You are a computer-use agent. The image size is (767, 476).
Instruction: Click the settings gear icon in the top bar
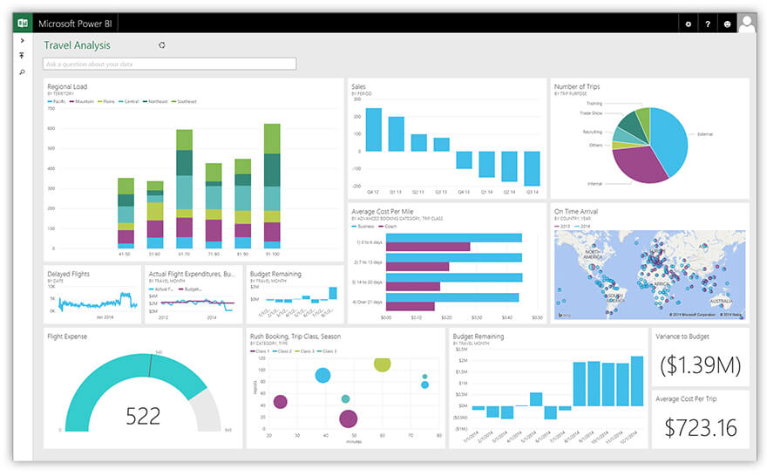click(688, 24)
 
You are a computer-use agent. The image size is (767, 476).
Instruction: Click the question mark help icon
click(708, 24)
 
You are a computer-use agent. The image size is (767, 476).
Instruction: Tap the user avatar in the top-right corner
click(746, 23)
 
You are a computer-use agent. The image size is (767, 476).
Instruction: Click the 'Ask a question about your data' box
click(169, 64)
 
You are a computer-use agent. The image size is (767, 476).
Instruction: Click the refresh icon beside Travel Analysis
click(161, 45)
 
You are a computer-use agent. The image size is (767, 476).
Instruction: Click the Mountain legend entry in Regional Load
click(84, 102)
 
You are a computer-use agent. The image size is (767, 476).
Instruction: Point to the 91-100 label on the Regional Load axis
click(271, 254)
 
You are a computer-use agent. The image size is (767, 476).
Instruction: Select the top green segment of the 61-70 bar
click(184, 139)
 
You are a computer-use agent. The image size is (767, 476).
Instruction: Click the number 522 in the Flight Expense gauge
click(143, 416)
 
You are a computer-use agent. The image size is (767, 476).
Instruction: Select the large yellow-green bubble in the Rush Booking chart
click(382, 363)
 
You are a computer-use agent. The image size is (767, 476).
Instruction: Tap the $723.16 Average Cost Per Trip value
click(700, 427)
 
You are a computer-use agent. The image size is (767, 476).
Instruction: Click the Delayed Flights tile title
click(68, 274)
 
